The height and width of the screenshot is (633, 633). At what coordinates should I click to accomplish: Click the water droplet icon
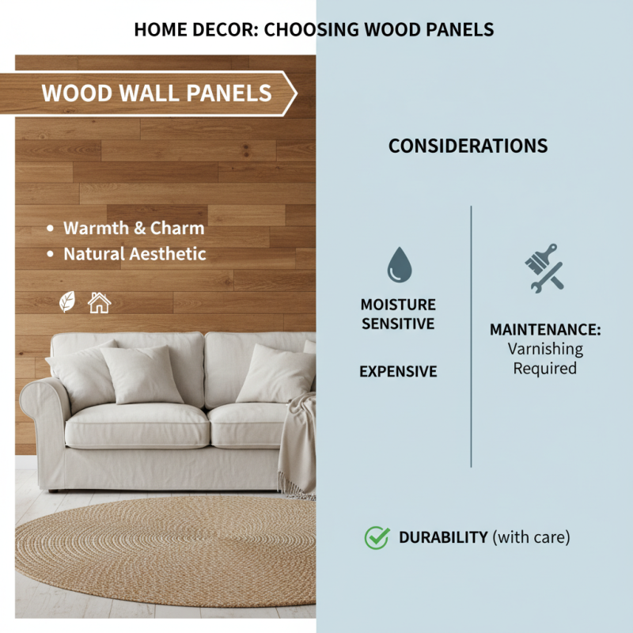tap(399, 266)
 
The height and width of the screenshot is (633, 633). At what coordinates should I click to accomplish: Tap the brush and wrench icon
tap(544, 267)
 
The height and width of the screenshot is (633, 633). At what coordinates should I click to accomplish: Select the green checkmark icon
tap(377, 538)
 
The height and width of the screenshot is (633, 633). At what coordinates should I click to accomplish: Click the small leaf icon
tap(68, 301)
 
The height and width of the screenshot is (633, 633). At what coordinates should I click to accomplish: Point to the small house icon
tap(99, 301)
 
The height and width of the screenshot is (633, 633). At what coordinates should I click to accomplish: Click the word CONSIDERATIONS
tap(468, 146)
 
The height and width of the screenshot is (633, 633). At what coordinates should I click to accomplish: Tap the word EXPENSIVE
tap(398, 372)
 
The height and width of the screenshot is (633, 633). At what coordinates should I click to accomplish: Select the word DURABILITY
tap(443, 538)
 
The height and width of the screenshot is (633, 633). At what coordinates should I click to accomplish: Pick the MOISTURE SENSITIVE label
tap(398, 314)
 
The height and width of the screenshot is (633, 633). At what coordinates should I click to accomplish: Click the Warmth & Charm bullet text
tap(134, 228)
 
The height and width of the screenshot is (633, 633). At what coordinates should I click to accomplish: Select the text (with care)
tap(531, 538)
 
